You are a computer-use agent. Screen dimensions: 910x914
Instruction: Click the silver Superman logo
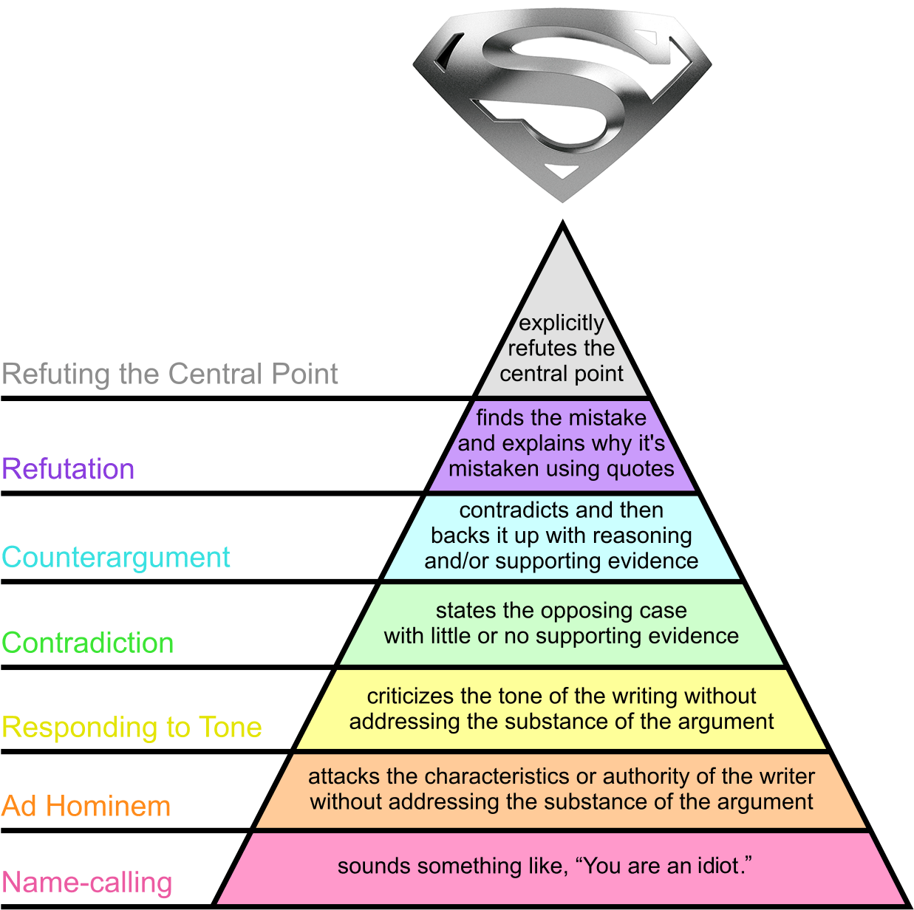pyautogui.click(x=562, y=102)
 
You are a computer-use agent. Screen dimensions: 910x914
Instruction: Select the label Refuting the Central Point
pyautogui.click(x=170, y=374)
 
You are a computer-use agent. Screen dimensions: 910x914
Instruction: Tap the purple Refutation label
pyautogui.click(x=68, y=469)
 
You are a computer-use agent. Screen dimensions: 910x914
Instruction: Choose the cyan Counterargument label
pyautogui.click(x=116, y=557)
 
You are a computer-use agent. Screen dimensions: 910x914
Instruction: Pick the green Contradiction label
pyautogui.click(x=88, y=643)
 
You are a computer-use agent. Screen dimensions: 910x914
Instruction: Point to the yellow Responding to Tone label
pyautogui.click(x=132, y=728)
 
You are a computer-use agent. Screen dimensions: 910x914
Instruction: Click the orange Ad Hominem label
pyautogui.click(x=86, y=806)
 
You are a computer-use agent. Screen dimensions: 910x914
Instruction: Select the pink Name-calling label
pyautogui.click(x=87, y=883)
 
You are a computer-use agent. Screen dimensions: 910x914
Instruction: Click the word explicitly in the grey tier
pyautogui.click(x=562, y=324)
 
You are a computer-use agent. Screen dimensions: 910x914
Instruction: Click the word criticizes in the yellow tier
pyautogui.click(x=410, y=697)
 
